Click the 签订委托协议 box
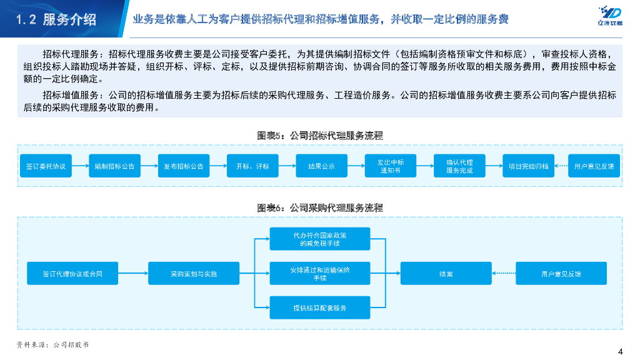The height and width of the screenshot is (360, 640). tap(46, 166)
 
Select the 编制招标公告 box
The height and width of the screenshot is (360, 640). tap(115, 166)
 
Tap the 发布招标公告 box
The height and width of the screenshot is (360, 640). tap(184, 166)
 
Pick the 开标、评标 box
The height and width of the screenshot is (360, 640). tap(253, 166)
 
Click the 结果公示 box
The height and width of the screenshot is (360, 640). tap(322, 166)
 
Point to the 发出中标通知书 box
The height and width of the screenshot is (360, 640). tap(391, 166)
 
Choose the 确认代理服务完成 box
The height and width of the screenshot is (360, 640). tap(459, 166)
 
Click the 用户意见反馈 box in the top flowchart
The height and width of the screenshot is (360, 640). tap(594, 166)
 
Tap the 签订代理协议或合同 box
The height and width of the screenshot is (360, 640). tap(72, 274)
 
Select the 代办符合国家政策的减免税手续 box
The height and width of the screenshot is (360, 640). tap(320, 239)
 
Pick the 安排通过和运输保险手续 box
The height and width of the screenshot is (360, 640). tap(320, 274)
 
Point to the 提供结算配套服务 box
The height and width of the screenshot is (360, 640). tap(320, 308)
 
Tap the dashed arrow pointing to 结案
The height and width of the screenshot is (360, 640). tap(504, 274)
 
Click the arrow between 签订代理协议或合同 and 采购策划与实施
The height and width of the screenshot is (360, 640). tap(132, 274)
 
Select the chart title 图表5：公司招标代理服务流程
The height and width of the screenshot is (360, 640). tap(320, 135)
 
